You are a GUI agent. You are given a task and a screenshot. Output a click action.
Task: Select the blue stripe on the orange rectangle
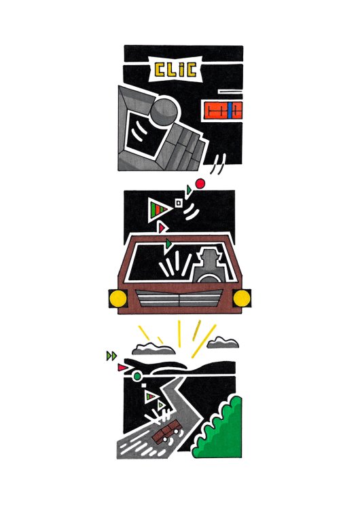tap(230, 111)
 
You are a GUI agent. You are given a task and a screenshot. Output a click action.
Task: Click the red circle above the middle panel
tap(200, 184)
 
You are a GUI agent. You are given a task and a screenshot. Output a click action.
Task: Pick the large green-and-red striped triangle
tap(159, 210)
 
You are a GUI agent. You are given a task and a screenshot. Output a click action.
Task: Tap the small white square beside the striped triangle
tap(178, 203)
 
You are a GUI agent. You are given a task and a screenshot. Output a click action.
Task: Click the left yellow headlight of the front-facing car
tap(118, 299)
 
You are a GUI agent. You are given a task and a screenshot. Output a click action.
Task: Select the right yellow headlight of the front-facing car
tap(242, 299)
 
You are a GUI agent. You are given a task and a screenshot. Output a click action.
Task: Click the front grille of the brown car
tap(179, 298)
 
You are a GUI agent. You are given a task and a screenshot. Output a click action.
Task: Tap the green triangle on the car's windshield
tap(168, 243)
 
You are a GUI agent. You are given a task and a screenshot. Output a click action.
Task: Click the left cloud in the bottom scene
tap(154, 349)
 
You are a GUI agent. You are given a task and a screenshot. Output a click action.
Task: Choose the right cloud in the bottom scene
tap(223, 343)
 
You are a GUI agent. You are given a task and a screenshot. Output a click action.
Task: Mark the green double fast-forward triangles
tap(111, 356)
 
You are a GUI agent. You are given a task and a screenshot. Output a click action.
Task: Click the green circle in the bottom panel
tap(137, 376)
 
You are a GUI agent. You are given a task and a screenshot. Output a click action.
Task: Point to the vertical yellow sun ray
tap(179, 333)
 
